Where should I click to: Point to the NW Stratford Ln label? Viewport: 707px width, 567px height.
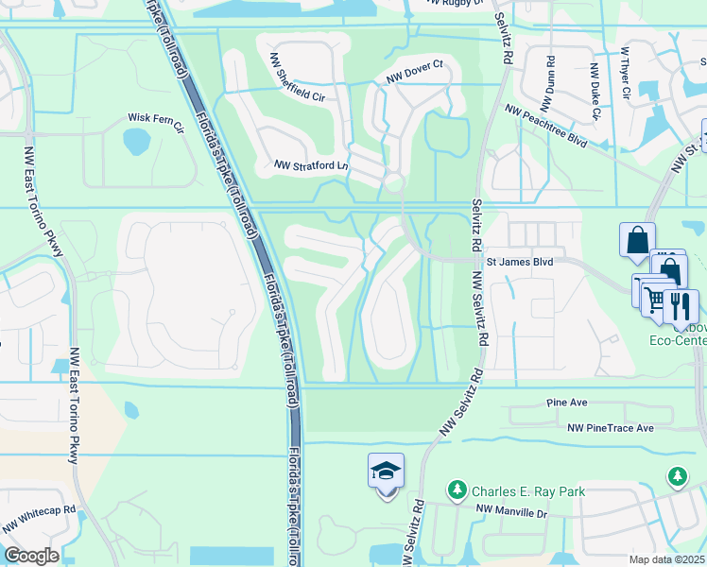[311, 165]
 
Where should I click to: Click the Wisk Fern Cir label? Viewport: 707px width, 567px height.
[155, 119]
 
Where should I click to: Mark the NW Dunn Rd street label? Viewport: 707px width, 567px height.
[549, 75]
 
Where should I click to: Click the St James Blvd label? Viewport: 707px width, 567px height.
[519, 260]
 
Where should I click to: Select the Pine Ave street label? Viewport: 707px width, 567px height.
[567, 403]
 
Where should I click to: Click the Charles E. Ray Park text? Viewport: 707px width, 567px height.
[529, 491]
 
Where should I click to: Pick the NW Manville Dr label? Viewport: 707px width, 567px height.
[511, 510]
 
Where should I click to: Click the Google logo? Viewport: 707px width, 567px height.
[31, 556]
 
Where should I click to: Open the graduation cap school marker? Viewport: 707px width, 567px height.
[386, 471]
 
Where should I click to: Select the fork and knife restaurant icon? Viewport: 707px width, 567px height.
[681, 304]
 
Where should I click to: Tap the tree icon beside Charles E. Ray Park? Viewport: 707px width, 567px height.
[457, 490]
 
